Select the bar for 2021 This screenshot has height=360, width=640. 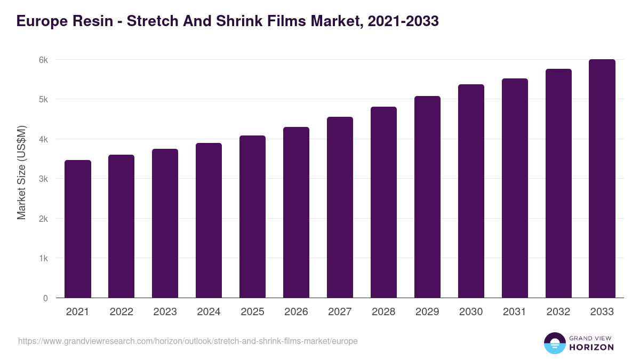pyautogui.click(x=78, y=229)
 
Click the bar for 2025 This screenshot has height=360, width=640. pyautogui.click(x=252, y=217)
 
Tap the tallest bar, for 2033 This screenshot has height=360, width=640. pyautogui.click(x=602, y=179)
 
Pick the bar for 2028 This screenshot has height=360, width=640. pyautogui.click(x=383, y=203)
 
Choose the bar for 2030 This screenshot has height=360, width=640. pyautogui.click(x=471, y=191)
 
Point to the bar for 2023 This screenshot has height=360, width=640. pyautogui.click(x=165, y=223)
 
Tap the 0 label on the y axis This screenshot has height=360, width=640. pyautogui.click(x=45, y=298)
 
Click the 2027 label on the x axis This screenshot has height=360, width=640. pyautogui.click(x=340, y=312)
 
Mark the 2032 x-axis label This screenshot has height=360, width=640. pyautogui.click(x=558, y=312)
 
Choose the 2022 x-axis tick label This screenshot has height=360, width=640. pyautogui.click(x=121, y=312)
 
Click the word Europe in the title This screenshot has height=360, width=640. pyautogui.click(x=41, y=21)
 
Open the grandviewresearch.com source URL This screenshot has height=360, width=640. pyautogui.click(x=188, y=341)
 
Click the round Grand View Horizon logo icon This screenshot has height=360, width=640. pyautogui.click(x=555, y=343)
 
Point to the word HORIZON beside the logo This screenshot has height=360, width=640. pyautogui.click(x=591, y=347)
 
